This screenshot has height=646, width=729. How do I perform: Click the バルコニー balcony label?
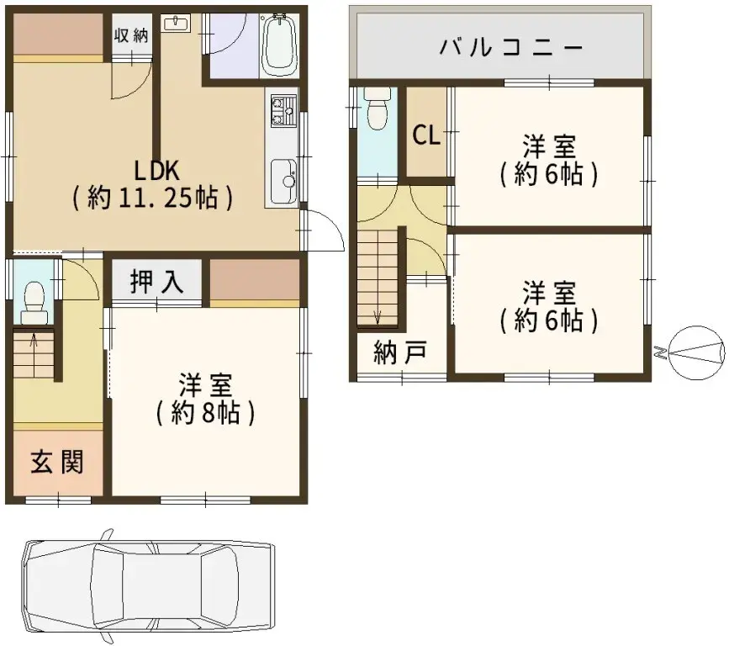pos(510,47)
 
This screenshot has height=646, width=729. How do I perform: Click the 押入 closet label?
pos(157,282)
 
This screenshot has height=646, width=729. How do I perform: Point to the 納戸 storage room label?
pos(399,354)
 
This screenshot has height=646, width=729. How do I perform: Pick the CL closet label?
pos(426,135)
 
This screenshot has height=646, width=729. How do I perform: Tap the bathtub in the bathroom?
pos(279,46)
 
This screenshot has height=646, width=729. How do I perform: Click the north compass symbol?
pos(695,352)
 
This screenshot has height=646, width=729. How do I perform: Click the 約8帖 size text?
pos(205,413)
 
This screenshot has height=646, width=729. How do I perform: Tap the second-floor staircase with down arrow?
pos(378,278)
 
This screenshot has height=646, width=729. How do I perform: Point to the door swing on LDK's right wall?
pos(324,230)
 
